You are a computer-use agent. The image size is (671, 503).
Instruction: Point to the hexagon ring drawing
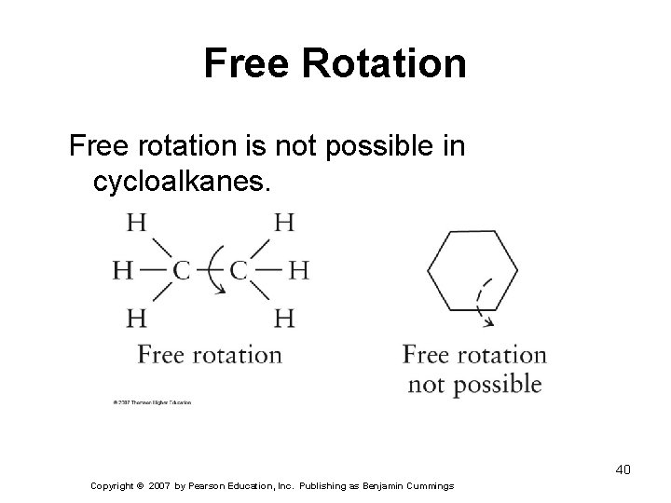(472, 270)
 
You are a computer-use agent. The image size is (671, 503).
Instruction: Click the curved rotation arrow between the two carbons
(215, 270)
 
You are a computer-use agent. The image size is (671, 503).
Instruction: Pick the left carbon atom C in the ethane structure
(182, 271)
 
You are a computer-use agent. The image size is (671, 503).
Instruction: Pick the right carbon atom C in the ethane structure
(239, 271)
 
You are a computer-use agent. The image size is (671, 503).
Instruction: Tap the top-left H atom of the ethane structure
(136, 224)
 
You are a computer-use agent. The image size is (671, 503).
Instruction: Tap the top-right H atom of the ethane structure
(285, 224)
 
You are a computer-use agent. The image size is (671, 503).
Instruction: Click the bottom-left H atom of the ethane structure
(136, 319)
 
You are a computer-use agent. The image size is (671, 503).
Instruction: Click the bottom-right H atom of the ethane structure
(285, 319)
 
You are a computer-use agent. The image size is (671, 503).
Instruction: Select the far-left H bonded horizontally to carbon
(123, 271)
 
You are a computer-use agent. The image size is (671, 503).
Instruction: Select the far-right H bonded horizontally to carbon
(298, 271)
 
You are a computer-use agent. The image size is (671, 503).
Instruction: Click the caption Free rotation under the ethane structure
(210, 355)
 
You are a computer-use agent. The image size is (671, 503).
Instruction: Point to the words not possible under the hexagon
(474, 384)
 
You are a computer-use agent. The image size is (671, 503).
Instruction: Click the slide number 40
(623, 469)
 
